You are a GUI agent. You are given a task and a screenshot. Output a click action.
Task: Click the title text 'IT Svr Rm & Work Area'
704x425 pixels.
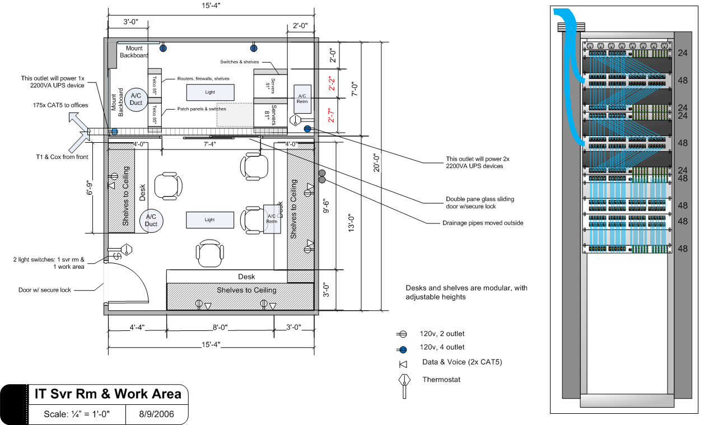coord(108,394)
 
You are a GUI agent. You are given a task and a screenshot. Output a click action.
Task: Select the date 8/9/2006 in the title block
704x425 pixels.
coord(156,415)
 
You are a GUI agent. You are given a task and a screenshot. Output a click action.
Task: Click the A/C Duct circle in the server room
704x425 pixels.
coord(136,100)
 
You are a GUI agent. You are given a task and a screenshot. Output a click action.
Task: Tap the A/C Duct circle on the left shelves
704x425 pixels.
coord(151,220)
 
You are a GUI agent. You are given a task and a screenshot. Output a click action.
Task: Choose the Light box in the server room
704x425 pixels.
coord(210,92)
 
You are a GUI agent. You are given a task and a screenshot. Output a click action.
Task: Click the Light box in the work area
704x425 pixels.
coord(209,219)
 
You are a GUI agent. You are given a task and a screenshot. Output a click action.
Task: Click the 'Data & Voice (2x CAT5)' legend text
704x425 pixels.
coord(462,362)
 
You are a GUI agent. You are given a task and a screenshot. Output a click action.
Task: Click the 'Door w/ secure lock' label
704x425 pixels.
coord(45,290)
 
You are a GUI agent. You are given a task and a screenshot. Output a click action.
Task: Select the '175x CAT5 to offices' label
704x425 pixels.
coord(52,105)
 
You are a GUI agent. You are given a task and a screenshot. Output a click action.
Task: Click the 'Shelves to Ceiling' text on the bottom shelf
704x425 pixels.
coord(246,290)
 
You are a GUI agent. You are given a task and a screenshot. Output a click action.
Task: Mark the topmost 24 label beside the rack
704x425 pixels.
coord(683,53)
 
